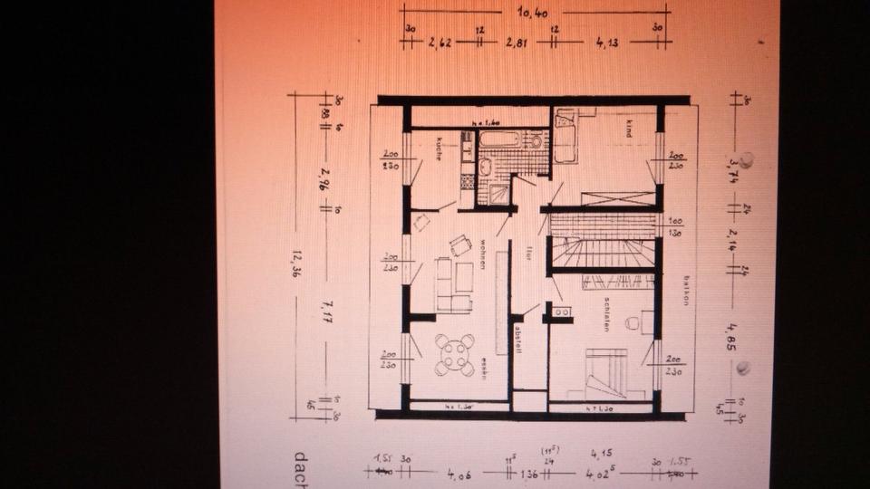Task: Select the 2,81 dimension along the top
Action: point(517,43)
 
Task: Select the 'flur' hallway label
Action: point(527,254)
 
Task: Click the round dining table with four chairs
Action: point(454,354)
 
